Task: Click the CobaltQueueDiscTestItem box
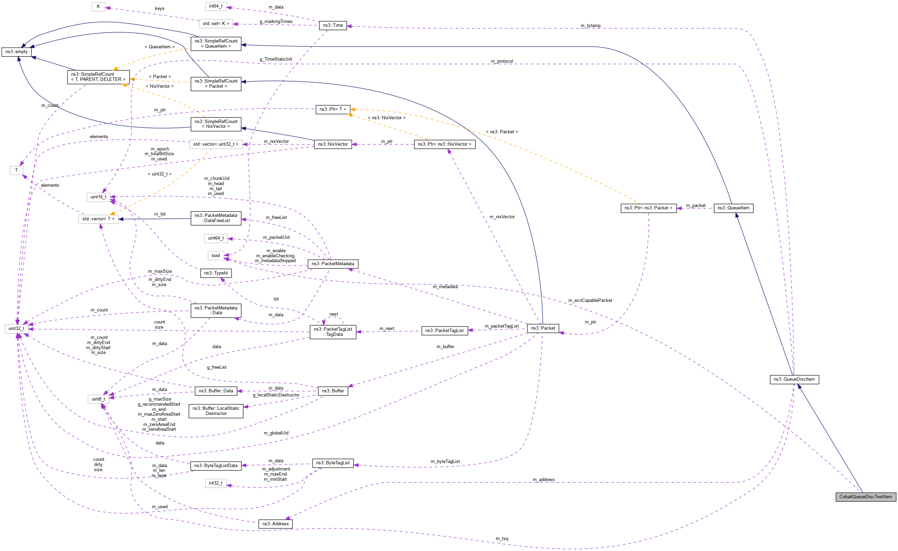click(x=865, y=497)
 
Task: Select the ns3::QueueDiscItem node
click(x=794, y=379)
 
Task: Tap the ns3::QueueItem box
click(x=733, y=208)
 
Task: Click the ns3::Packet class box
click(x=543, y=328)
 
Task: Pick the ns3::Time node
click(x=333, y=25)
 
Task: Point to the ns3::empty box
click(x=16, y=52)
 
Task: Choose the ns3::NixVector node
click(x=333, y=144)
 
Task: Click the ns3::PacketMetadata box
click(x=333, y=264)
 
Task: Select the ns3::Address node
click(x=275, y=524)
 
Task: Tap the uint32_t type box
click(x=16, y=328)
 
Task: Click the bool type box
click(x=216, y=255)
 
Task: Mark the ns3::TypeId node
click(x=216, y=273)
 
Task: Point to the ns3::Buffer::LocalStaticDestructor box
click(x=216, y=411)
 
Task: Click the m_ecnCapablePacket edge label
click(x=590, y=300)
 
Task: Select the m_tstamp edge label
click(x=590, y=26)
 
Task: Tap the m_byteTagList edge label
click(x=445, y=462)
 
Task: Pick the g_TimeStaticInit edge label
click(x=275, y=59)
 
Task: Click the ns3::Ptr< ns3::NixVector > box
click(x=444, y=144)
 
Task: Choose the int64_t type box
click(x=215, y=6)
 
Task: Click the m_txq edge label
click(x=501, y=539)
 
